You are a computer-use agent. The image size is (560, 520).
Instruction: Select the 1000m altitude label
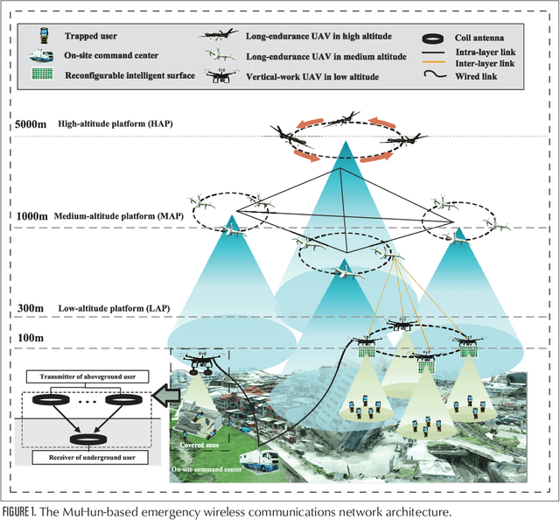(32, 216)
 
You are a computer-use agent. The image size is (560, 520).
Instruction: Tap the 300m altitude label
(29, 307)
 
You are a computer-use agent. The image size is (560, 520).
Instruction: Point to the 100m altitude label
(29, 336)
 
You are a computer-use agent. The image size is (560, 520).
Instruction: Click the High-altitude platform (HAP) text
(115, 124)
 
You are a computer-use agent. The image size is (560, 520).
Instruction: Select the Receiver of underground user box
(81, 457)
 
